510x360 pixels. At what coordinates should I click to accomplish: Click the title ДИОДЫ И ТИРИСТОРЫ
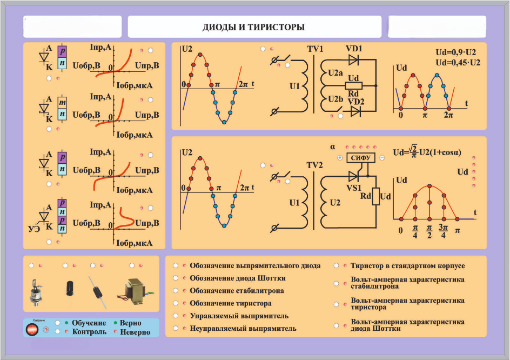pos(253,27)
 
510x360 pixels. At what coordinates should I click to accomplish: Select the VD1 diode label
pos(354,48)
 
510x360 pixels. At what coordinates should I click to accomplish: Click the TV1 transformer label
pos(315,49)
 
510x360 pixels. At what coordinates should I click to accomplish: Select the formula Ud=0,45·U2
pos(458,63)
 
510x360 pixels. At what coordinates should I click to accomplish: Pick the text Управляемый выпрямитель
pos(239,316)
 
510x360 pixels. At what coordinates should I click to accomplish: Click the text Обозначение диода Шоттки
pos(238,278)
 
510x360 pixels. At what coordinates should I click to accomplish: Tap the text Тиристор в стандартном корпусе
pos(407,266)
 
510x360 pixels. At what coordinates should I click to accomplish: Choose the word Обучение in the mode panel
pos(89,323)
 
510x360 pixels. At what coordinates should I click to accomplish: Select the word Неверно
pos(135,332)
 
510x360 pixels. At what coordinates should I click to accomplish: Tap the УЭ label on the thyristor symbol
pos(33,229)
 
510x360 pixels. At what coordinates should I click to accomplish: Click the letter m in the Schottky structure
pos(63,102)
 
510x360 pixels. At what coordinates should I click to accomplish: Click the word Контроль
pos(89,331)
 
